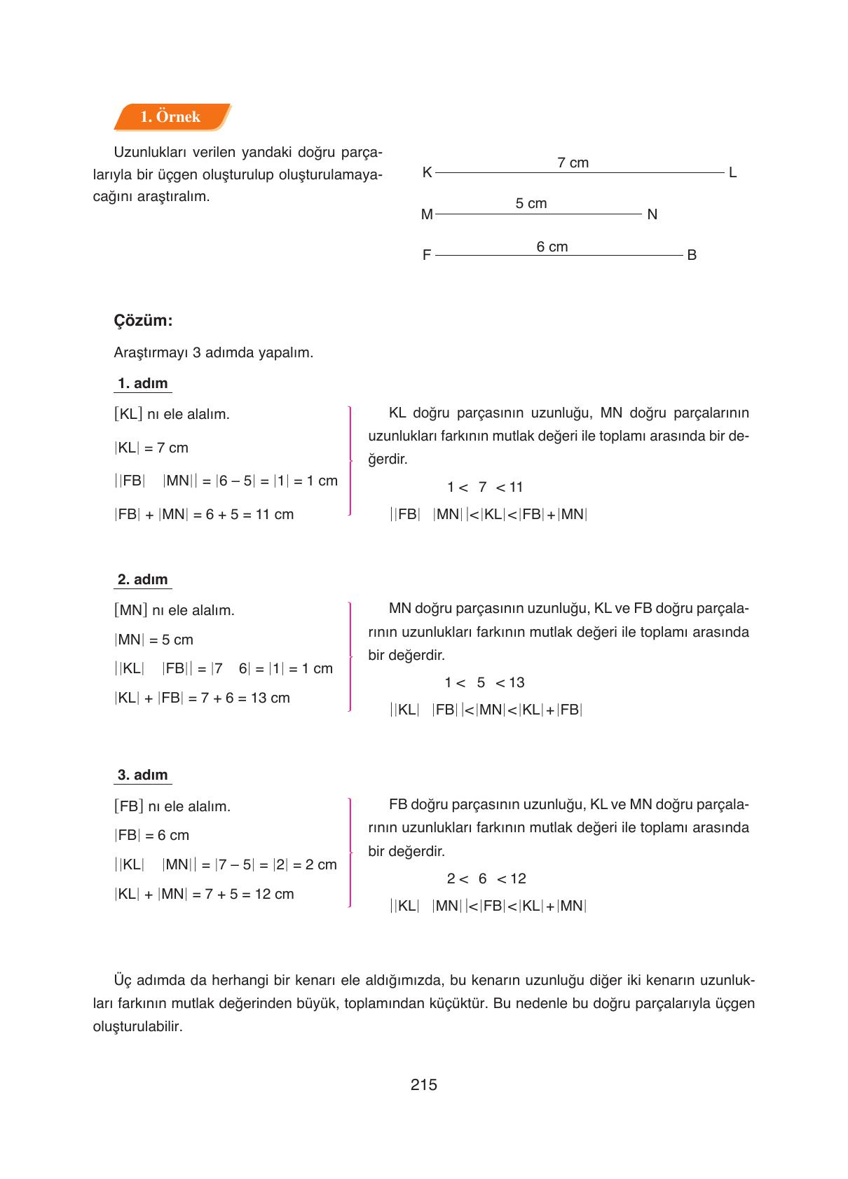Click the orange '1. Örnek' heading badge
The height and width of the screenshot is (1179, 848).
tap(171, 117)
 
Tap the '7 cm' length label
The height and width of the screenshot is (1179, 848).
tap(573, 163)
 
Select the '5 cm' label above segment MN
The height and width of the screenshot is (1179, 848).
tap(531, 203)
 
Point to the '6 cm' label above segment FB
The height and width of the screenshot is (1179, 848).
tap(552, 247)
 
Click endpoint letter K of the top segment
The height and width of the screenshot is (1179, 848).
tap(427, 172)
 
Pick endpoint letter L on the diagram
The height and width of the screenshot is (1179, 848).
tap(732, 172)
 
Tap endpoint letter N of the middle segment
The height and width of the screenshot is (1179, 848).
tap(652, 214)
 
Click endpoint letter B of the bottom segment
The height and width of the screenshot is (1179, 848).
tap(691, 255)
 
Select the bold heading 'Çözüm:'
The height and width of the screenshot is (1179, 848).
tap(143, 321)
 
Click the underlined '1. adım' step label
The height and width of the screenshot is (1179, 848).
tap(143, 383)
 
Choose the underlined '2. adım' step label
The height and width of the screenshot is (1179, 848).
tap(143, 579)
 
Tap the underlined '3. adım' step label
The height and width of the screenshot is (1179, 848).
tap(143, 775)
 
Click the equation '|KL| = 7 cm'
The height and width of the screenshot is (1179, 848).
tap(151, 448)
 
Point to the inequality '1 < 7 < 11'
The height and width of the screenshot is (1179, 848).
tap(485, 487)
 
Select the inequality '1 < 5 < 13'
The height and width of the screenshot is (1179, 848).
tap(484, 682)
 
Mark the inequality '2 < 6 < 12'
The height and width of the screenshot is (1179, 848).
tap(486, 878)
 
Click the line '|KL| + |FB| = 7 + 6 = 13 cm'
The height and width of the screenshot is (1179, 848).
tap(202, 698)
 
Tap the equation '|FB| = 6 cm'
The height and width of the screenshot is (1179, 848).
tap(152, 835)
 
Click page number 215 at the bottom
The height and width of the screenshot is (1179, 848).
tap(423, 1084)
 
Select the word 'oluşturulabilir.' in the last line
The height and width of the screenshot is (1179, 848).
tap(137, 1027)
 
